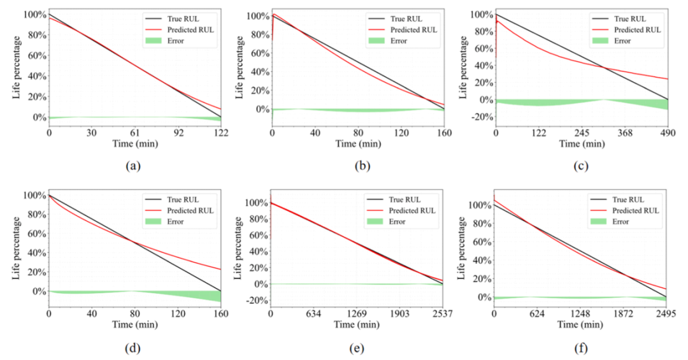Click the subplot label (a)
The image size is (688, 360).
point(133,166)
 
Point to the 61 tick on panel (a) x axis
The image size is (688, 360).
point(135,134)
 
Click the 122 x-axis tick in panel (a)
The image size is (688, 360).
point(220,134)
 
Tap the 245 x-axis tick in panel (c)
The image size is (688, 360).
point(582,134)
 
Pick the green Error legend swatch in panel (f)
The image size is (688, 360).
point(599,221)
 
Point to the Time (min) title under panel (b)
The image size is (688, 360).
point(358,145)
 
